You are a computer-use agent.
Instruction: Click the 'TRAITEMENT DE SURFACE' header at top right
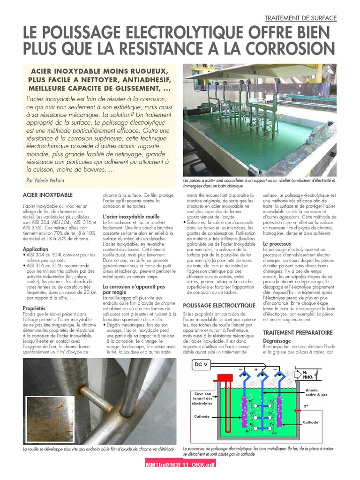(300, 18)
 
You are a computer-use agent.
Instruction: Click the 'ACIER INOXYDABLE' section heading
(47, 194)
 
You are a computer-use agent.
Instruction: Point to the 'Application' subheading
(36, 249)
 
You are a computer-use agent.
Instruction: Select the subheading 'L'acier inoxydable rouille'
(131, 217)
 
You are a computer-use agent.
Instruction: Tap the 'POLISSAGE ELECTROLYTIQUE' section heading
(219, 305)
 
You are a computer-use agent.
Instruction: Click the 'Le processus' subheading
(277, 244)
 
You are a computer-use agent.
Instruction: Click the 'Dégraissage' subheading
(277, 341)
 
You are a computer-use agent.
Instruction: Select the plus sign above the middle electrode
(256, 369)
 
